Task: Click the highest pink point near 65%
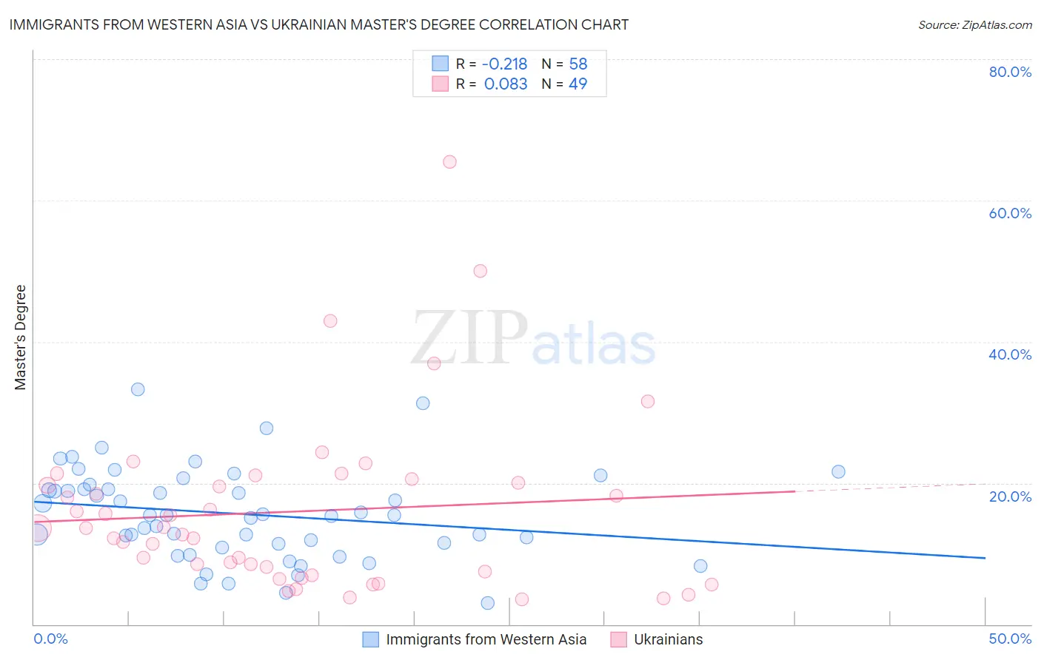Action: (449, 162)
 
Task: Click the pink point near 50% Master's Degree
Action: (480, 271)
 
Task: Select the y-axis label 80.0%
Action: (1010, 72)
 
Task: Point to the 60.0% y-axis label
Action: (1010, 213)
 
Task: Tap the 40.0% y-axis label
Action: (1010, 354)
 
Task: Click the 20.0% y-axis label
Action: (1010, 496)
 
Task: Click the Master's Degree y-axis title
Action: (21, 337)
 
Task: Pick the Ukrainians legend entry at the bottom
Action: (668, 640)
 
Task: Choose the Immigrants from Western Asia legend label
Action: (486, 640)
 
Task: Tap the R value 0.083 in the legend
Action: (506, 84)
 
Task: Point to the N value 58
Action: (578, 64)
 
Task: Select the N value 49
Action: (578, 84)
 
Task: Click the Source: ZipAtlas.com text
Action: (974, 25)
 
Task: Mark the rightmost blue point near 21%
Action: (838, 472)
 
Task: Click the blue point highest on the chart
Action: (138, 389)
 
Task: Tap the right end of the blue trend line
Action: (985, 558)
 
